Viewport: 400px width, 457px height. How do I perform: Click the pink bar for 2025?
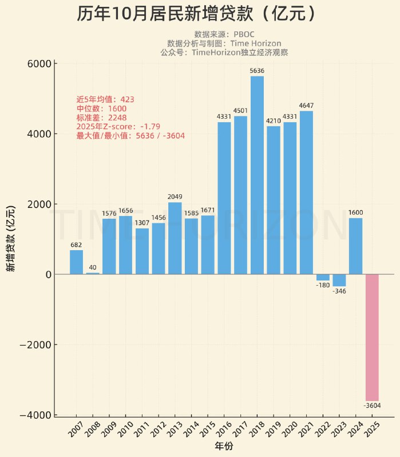(372, 337)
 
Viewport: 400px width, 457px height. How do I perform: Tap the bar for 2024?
(355, 246)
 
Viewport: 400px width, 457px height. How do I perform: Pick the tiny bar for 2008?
(93, 273)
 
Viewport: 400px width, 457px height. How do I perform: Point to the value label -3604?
(372, 406)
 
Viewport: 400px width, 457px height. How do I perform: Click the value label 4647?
(306, 106)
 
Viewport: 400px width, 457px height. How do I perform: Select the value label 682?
(76, 245)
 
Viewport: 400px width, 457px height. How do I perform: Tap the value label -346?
(339, 291)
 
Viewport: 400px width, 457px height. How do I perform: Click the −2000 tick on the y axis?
(35, 345)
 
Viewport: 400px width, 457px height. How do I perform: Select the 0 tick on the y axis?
(47, 275)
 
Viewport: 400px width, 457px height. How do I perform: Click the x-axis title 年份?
(224, 446)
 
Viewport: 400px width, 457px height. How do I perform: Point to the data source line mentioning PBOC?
(224, 34)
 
